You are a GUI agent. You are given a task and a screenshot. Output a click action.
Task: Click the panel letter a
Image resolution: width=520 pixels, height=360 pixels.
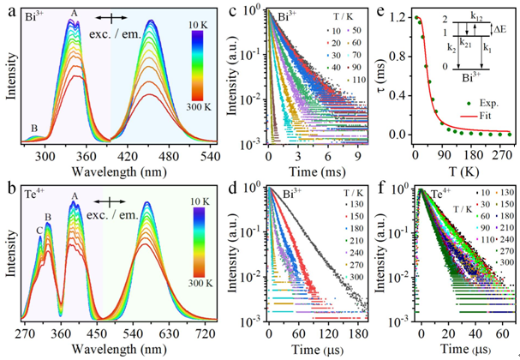click(9, 9)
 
